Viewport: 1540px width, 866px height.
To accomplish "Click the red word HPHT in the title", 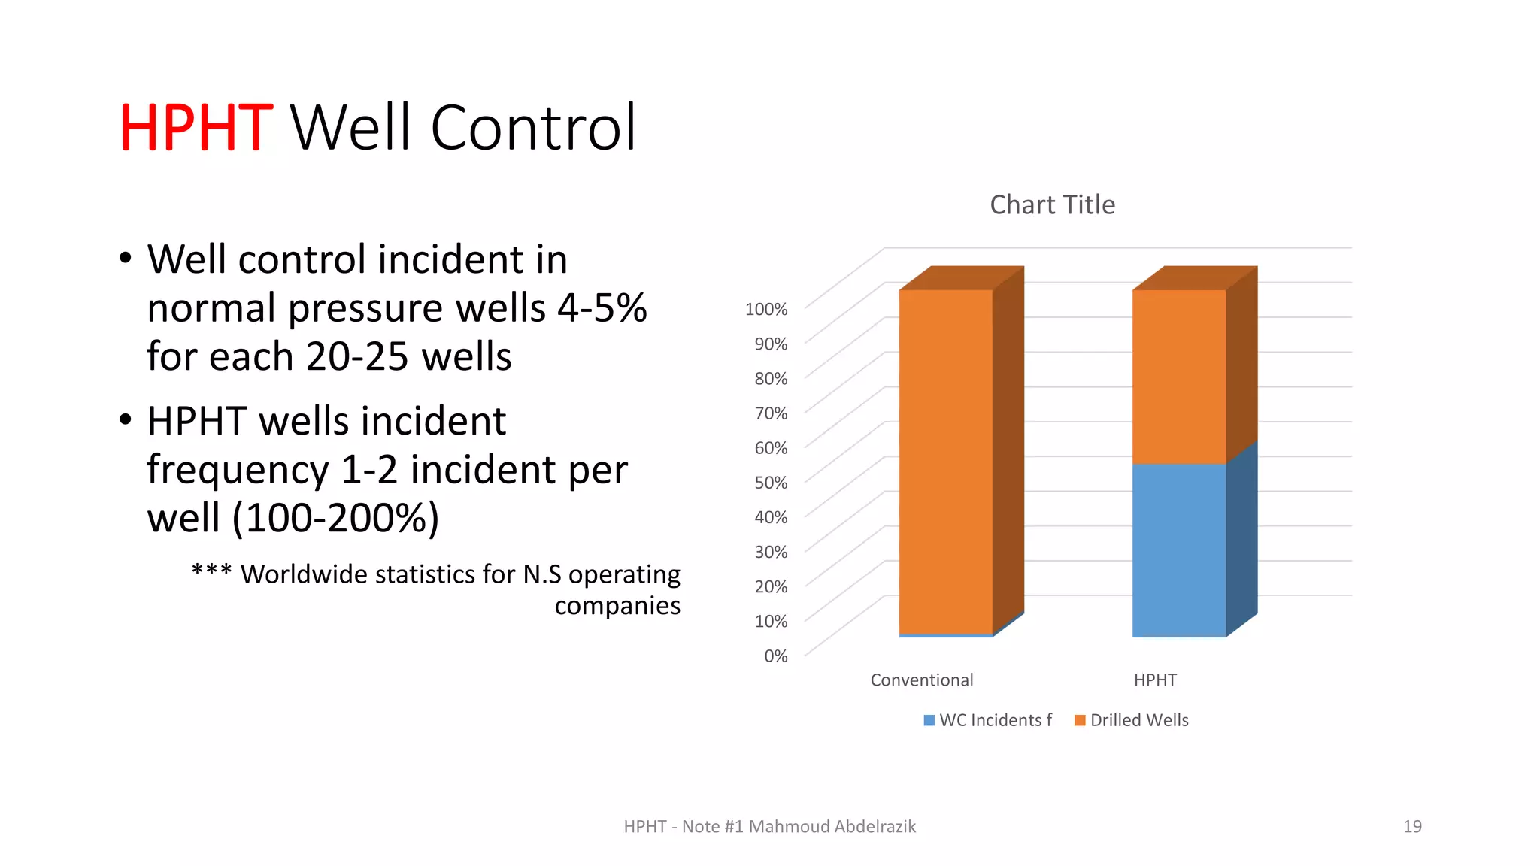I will point(196,128).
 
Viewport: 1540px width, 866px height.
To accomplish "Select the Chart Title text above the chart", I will point(1052,204).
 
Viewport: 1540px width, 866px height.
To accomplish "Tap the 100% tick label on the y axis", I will point(765,309).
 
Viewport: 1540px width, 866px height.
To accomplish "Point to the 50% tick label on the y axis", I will point(771,483).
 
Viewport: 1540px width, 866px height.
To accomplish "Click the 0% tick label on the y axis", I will point(775,656).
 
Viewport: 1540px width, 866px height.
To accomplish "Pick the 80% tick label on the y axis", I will point(771,378).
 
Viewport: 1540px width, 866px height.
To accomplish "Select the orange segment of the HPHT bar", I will point(1178,376).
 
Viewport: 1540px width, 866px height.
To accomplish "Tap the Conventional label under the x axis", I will point(921,680).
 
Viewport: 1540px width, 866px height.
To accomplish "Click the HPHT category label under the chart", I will point(1155,680).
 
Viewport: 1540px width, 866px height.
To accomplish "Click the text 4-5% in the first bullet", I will point(602,308).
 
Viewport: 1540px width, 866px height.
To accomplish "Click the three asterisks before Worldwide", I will point(211,572).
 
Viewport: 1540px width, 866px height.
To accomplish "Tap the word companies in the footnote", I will point(617,605).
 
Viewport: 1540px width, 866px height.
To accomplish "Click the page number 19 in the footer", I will point(1412,826).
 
